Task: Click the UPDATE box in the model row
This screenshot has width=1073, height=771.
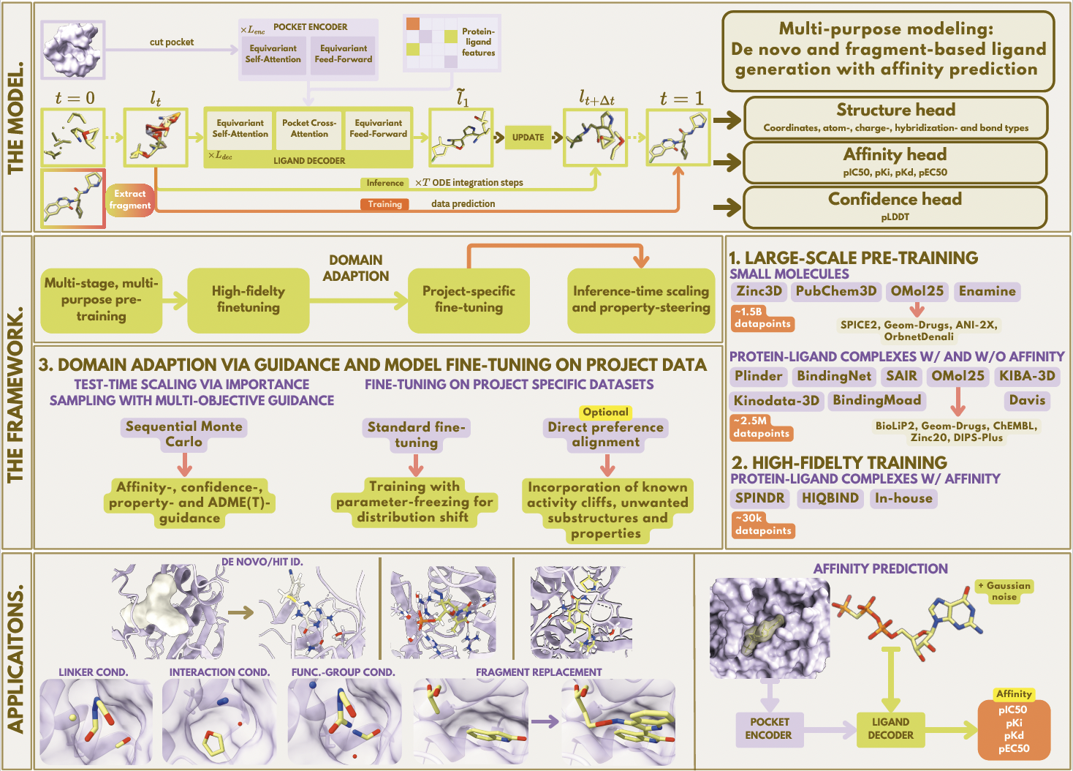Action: [x=528, y=137]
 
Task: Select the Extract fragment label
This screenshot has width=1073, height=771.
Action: [x=130, y=200]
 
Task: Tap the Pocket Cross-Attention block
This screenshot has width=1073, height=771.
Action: [x=309, y=129]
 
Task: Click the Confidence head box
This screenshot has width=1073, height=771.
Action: [x=895, y=206]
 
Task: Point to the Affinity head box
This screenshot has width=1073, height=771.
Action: [x=895, y=162]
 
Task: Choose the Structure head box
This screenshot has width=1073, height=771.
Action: [x=895, y=117]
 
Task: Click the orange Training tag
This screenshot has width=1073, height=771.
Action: [x=384, y=204]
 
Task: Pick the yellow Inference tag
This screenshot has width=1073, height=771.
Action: [x=384, y=183]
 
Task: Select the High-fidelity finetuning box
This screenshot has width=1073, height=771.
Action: [x=249, y=299]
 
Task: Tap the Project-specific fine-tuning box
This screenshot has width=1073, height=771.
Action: [x=469, y=299]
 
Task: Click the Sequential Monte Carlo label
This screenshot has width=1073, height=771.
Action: [x=183, y=434]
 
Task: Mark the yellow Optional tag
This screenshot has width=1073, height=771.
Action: [x=605, y=412]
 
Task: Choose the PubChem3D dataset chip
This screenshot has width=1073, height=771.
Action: [x=836, y=291]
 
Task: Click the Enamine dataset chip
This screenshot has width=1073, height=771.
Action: [x=987, y=291]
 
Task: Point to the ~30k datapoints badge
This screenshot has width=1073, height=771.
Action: [x=763, y=524]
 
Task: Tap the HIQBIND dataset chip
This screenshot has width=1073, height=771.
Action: [x=830, y=498]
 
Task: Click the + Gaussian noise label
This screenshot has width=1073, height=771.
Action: [x=1004, y=591]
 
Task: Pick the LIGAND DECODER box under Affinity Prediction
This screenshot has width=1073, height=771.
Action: [x=890, y=729]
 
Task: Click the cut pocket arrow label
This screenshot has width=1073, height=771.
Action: [x=172, y=42]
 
